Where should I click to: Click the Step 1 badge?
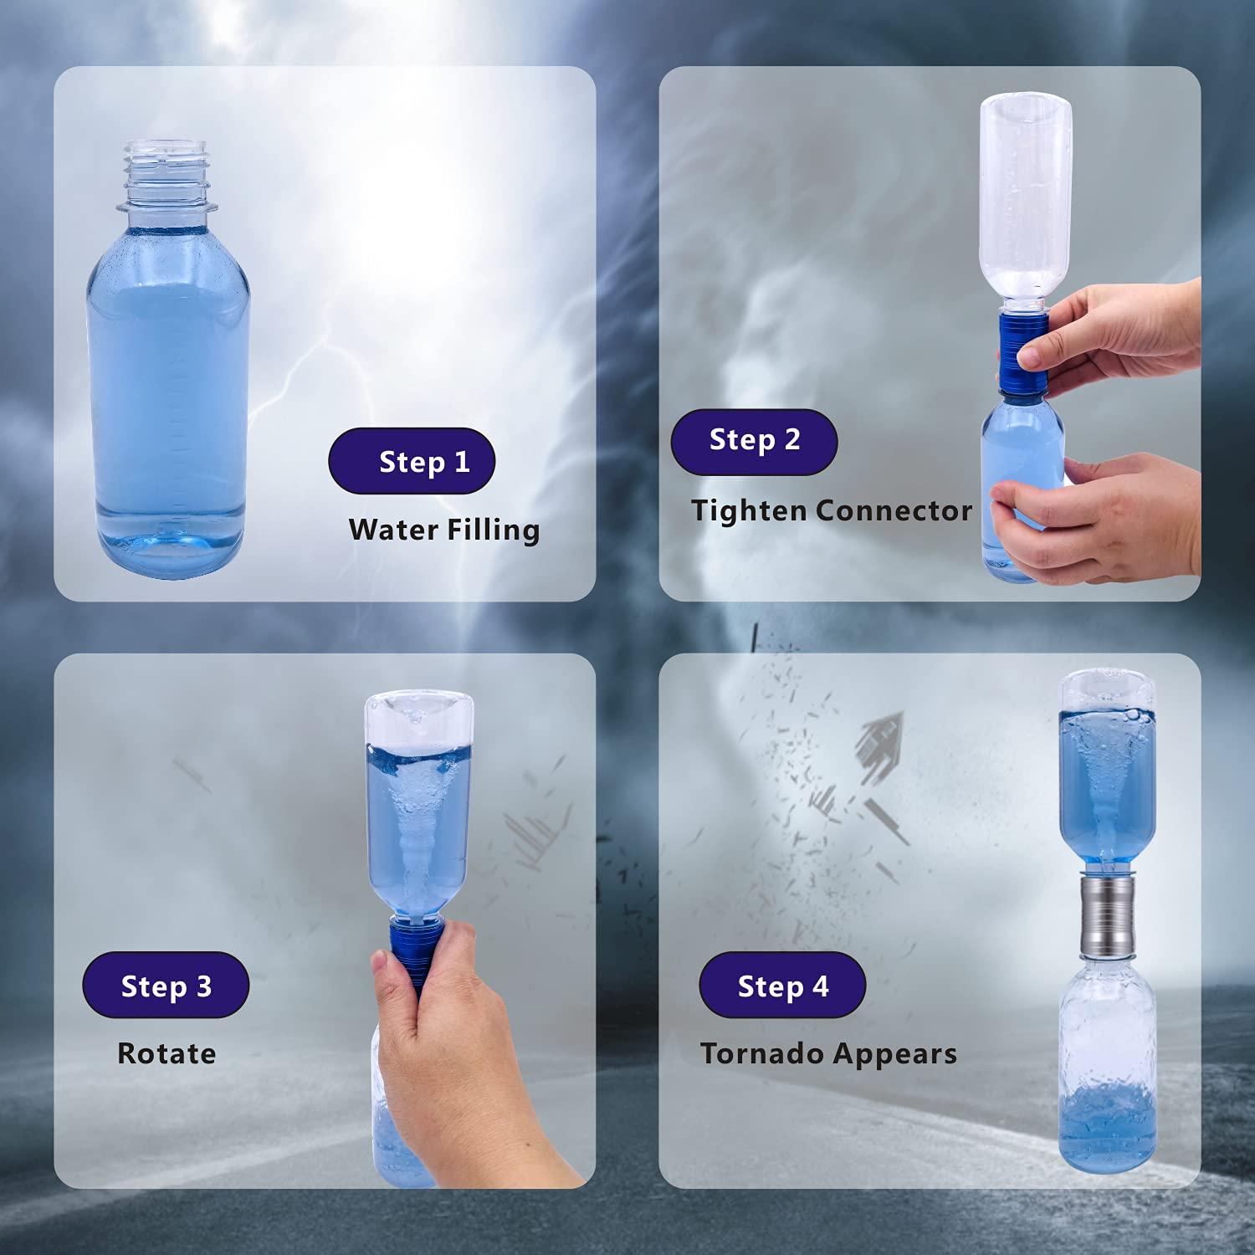[412, 461]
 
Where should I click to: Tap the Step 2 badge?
[754, 441]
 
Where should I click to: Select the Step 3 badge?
[166, 986]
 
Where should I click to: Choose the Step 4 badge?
[782, 986]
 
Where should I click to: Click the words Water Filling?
[443, 530]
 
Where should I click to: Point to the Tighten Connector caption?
[831, 510]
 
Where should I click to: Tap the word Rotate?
[166, 1053]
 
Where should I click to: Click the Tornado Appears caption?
[828, 1053]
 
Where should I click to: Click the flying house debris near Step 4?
[881, 740]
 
